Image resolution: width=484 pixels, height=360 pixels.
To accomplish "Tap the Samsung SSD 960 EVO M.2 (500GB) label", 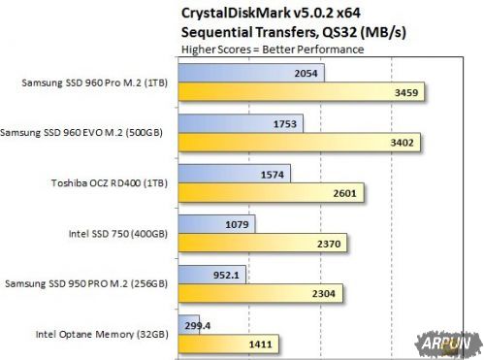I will pyautogui.click(x=88, y=132).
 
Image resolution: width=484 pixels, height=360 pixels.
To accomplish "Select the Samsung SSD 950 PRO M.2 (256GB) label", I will pyautogui.click(x=88, y=283).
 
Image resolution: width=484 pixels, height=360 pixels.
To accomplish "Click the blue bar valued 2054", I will pyautogui.click(x=250, y=74).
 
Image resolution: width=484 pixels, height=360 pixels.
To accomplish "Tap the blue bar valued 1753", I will pyautogui.click(x=241, y=124).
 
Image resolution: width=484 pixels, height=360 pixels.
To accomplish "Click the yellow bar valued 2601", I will pyautogui.click(x=273, y=194).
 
